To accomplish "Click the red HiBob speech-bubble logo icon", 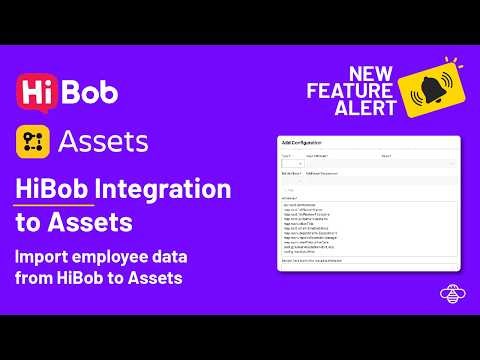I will [x=37, y=91].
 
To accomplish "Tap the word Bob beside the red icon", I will [x=90, y=91].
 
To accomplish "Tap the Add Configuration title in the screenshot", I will [x=304, y=144].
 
